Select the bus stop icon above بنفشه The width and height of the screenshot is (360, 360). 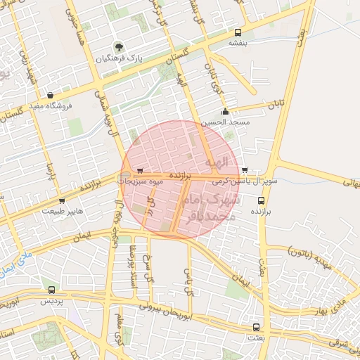pyautogui.click(x=238, y=32)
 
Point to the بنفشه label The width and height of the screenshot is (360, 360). pyautogui.click(x=238, y=43)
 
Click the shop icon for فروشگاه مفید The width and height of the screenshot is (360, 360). pyautogui.click(x=50, y=95)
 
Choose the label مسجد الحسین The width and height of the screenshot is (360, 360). pyautogui.click(x=224, y=122)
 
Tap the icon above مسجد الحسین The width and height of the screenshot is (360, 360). pyautogui.click(x=225, y=111)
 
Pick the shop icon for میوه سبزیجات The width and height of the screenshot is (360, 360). pyautogui.click(x=140, y=170)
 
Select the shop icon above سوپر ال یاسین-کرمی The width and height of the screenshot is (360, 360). pyautogui.click(x=244, y=169)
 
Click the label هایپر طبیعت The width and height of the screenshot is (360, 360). pyautogui.click(x=63, y=210)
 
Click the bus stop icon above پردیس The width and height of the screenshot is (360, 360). pyautogui.click(x=51, y=289)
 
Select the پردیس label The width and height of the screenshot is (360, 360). pyautogui.click(x=50, y=300)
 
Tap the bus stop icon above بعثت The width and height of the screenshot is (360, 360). pyautogui.click(x=256, y=327)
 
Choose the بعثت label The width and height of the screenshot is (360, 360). pyautogui.click(x=255, y=338)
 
